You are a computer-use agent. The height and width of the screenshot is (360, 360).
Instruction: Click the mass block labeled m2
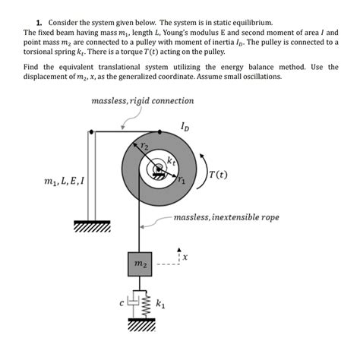tap(141, 264)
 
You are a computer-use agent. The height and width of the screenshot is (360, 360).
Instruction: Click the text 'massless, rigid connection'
tap(142, 100)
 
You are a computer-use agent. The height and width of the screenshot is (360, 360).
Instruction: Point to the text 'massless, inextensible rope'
tap(226, 217)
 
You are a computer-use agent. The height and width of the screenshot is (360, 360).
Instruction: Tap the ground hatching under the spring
tap(141, 324)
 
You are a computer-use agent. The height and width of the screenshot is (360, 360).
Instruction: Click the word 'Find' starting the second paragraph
tap(33, 67)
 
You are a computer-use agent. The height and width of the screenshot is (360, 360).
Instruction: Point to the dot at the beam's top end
tap(92, 133)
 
